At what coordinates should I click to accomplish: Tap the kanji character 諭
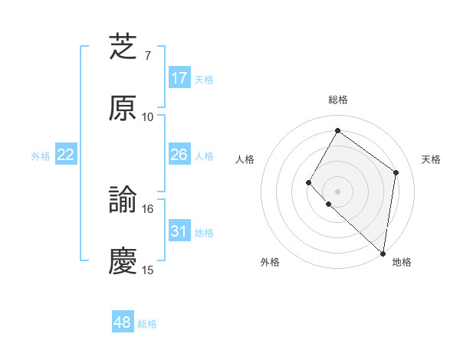tap(123, 200)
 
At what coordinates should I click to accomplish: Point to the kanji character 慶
tap(123, 261)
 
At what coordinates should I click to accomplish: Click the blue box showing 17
tap(179, 78)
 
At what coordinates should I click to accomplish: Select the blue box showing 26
tap(179, 155)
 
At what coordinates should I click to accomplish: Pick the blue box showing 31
tap(179, 231)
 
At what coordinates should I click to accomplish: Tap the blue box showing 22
tap(66, 155)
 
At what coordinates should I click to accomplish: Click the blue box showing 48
tap(123, 322)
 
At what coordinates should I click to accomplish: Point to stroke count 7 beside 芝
tap(148, 56)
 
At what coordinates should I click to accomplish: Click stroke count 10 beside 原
tap(148, 117)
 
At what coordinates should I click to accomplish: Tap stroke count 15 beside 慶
tap(148, 270)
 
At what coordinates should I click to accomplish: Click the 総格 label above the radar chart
tap(338, 100)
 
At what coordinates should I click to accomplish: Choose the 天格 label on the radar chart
tap(431, 159)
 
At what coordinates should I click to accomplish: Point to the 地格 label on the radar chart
tap(402, 263)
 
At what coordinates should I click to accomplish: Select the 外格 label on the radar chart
tap(270, 263)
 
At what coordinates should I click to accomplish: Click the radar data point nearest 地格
tap(383, 254)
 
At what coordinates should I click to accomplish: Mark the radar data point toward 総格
tap(337, 131)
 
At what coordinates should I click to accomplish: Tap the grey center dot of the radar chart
tap(337, 191)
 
